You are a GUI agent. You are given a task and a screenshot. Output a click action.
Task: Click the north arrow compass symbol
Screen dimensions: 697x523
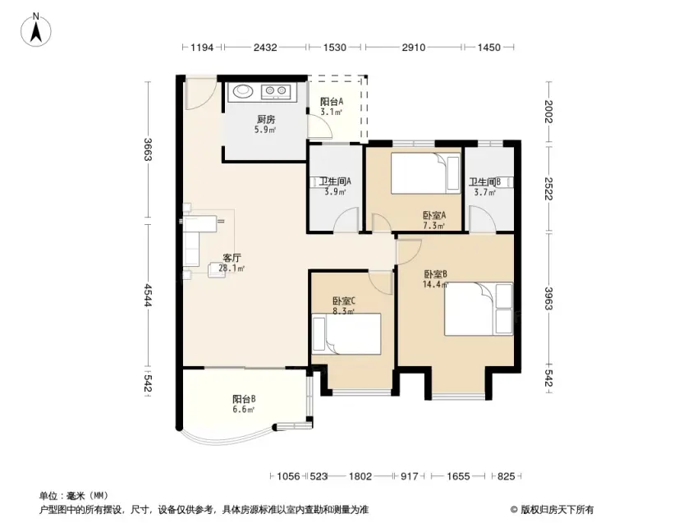[x=36, y=30]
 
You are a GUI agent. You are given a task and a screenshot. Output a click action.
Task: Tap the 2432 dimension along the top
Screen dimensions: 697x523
[x=265, y=47]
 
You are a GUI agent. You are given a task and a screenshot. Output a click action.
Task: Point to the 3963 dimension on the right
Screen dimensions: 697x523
[x=549, y=299]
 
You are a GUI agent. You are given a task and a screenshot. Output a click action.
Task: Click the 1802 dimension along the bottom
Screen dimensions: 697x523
[x=360, y=476]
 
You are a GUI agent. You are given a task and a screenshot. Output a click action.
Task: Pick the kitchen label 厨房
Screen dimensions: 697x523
[x=266, y=119]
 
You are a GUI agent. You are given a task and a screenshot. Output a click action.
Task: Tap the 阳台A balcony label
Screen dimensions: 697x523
[x=332, y=102]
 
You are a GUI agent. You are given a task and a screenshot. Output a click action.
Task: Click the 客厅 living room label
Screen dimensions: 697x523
[x=232, y=258]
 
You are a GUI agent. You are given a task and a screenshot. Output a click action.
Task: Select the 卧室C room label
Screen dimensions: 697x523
[x=344, y=301]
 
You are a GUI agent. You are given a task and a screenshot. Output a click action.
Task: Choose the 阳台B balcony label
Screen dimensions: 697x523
[x=244, y=399]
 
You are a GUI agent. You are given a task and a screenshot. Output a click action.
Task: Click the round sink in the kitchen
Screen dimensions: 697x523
[x=243, y=90]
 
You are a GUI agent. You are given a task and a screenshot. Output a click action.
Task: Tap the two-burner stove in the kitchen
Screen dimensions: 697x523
[x=276, y=91]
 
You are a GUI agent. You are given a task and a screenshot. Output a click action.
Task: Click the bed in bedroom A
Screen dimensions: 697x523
[x=425, y=173]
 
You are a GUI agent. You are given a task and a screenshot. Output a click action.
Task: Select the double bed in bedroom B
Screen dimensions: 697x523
[x=479, y=309]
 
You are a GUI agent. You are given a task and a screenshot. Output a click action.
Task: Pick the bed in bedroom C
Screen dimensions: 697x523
[x=346, y=334]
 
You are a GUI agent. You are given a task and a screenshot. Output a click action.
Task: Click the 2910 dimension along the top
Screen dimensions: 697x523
[x=414, y=47]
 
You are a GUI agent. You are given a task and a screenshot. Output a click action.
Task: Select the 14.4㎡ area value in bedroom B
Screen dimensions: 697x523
[x=435, y=285]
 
